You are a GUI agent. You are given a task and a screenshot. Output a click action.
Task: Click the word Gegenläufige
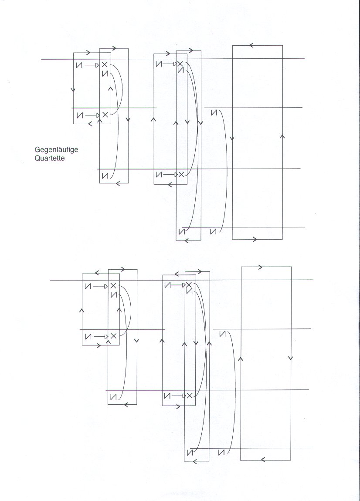click(x=56, y=150)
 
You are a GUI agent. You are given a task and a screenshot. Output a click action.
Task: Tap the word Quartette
click(x=50, y=158)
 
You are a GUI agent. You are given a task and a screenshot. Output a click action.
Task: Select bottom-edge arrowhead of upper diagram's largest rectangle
click(x=255, y=239)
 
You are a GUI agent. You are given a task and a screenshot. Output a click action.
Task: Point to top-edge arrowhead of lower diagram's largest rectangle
click(x=260, y=267)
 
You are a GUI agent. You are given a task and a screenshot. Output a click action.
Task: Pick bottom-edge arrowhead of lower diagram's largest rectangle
click(x=263, y=460)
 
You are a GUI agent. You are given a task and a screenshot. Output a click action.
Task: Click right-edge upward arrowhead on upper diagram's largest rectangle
click(x=282, y=136)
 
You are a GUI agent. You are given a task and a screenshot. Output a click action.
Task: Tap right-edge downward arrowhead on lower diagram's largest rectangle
click(x=291, y=358)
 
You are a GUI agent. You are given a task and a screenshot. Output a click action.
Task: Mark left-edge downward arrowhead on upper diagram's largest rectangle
click(x=232, y=139)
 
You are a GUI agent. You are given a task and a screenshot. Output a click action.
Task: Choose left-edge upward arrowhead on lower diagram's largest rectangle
click(x=241, y=359)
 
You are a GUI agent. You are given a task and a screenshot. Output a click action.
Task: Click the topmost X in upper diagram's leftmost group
click(x=105, y=65)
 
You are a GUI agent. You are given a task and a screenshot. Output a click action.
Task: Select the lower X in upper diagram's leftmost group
click(x=105, y=115)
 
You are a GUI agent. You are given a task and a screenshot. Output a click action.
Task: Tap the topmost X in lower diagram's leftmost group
click(x=113, y=286)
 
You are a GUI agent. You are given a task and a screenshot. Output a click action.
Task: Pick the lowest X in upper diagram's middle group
click(x=181, y=174)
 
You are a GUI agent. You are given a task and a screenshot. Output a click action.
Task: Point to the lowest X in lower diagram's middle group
click(x=190, y=396)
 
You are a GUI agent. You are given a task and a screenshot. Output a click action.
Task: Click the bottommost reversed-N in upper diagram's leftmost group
click(x=105, y=176)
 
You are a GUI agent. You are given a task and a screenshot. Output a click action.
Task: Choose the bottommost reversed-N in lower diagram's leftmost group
click(x=113, y=397)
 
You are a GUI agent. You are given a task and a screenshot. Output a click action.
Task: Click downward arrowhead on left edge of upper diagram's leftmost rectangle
click(x=74, y=89)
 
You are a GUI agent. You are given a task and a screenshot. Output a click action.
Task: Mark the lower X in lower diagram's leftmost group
click(x=113, y=336)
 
